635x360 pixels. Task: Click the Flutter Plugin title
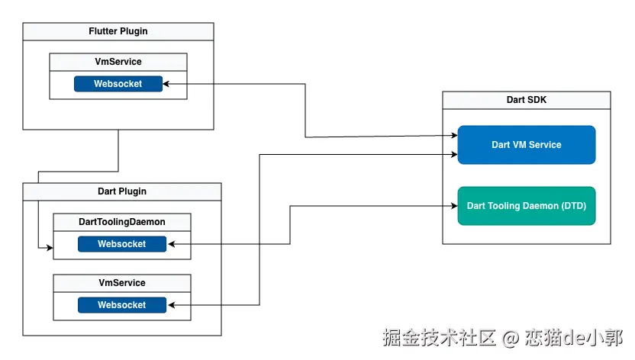click(118, 31)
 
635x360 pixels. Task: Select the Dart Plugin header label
click(122, 191)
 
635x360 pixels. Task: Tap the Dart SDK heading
click(527, 99)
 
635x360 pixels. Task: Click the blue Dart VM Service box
click(527, 145)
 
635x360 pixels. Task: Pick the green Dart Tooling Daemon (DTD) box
click(527, 206)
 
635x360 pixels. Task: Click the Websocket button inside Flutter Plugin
click(118, 84)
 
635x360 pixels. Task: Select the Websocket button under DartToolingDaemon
click(122, 244)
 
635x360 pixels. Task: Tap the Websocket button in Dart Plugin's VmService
click(122, 305)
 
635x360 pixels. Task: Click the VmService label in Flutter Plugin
click(118, 62)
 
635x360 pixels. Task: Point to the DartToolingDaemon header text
click(122, 222)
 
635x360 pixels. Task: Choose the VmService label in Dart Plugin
click(122, 283)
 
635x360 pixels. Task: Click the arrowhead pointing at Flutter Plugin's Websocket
click(166, 84)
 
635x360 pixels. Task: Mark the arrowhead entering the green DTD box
click(454, 206)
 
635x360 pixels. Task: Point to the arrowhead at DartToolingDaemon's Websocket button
click(171, 244)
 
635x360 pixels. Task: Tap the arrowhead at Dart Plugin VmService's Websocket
click(171, 305)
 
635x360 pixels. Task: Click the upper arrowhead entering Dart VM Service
click(454, 135)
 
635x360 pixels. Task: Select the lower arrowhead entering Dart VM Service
click(454, 154)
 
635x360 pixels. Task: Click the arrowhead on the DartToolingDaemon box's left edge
click(50, 248)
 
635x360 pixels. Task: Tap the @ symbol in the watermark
click(511, 338)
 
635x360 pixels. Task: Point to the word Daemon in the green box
click(540, 206)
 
